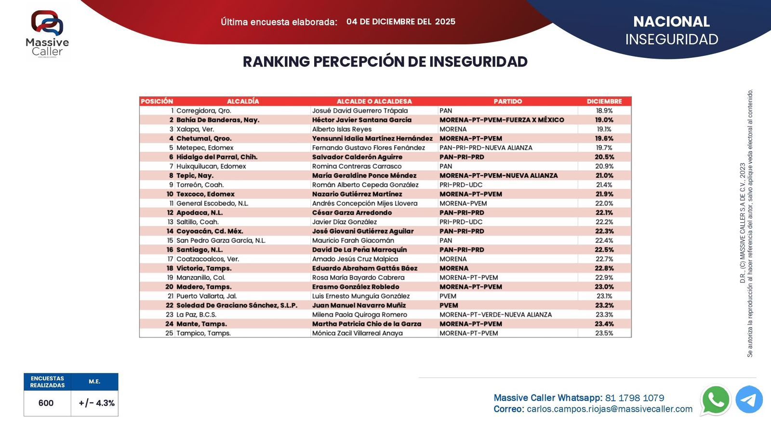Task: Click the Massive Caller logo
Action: pyautogui.click(x=47, y=34)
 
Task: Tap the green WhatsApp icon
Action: pyautogui.click(x=716, y=400)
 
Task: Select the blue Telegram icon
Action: pyautogui.click(x=749, y=400)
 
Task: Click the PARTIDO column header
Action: pyautogui.click(x=507, y=101)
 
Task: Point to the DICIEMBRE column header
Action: pyautogui.click(x=604, y=101)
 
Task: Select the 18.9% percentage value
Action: pyautogui.click(x=604, y=110)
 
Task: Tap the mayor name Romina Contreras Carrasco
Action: pyautogui.click(x=357, y=166)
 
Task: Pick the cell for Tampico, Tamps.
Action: pyautogui.click(x=203, y=333)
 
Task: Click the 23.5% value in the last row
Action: pyautogui.click(x=604, y=333)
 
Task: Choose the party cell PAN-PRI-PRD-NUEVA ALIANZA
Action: pyautogui.click(x=486, y=148)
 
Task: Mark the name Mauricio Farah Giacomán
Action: pyautogui.click(x=353, y=241)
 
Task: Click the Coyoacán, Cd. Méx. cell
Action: pyautogui.click(x=210, y=231)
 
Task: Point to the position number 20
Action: pyautogui.click(x=169, y=287)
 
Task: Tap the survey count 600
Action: pyautogui.click(x=46, y=403)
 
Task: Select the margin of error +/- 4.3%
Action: pyautogui.click(x=96, y=403)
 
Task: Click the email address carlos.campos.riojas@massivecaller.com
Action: pyautogui.click(x=610, y=409)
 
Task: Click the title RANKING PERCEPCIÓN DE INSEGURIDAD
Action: pyautogui.click(x=385, y=62)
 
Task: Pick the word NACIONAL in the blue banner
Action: pyautogui.click(x=671, y=22)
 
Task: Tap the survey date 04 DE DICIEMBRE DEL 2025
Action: pyautogui.click(x=400, y=22)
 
